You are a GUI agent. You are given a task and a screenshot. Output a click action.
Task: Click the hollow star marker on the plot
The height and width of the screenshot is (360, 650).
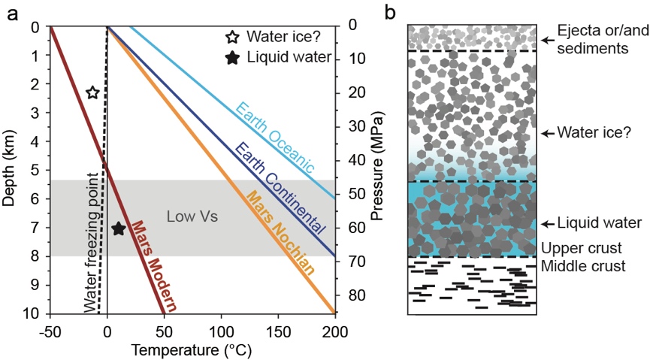(92, 92)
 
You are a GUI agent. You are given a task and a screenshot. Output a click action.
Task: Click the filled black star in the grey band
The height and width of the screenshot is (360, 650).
(118, 228)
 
